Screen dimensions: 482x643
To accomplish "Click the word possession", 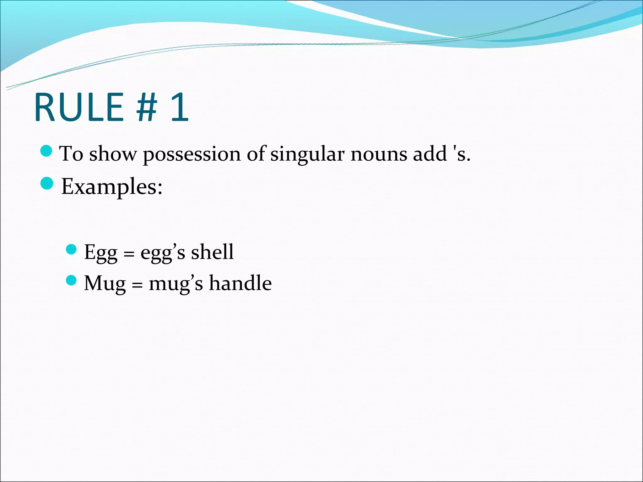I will click(192, 154).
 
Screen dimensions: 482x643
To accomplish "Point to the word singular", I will click(307, 154).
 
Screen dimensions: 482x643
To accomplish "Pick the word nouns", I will click(379, 154).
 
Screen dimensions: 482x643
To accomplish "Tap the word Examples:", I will click(112, 187).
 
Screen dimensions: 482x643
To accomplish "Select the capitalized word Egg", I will click(100, 253).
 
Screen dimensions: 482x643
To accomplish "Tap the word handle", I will click(240, 283).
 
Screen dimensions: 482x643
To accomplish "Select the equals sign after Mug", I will click(137, 285).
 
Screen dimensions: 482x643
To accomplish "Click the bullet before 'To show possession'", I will click(46, 151).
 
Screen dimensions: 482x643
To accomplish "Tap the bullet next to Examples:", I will click(47, 184).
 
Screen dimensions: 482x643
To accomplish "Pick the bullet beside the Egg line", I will click(72, 249).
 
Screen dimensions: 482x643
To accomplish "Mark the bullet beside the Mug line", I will click(72, 280).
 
